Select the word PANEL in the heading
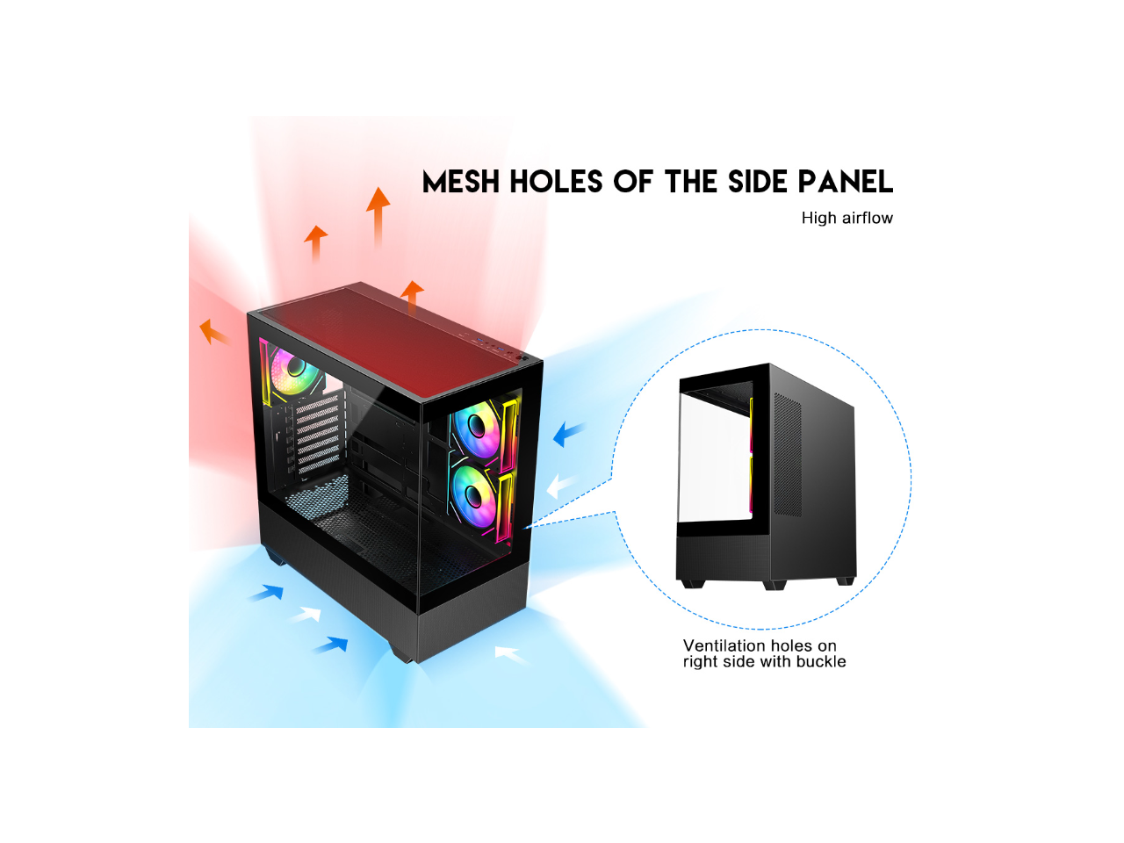coord(845,182)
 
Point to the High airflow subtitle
coord(847,218)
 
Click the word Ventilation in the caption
coord(725,645)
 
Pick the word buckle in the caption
coord(821,662)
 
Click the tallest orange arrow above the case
coord(378,215)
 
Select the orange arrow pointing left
coord(213,331)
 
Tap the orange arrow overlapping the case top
coord(412,296)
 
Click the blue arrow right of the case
coord(569,433)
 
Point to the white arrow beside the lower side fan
coord(559,486)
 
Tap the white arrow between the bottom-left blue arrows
coord(305,614)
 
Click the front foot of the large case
coord(403,653)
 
